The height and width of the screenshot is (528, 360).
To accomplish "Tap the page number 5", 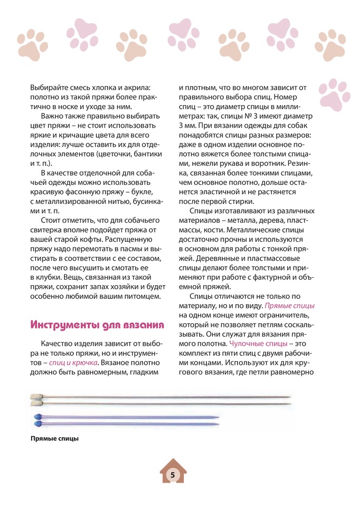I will coord(173,475).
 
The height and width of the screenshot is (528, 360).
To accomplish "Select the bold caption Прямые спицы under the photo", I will coord(54,438).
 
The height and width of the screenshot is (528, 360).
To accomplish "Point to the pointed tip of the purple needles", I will coord(217,420).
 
